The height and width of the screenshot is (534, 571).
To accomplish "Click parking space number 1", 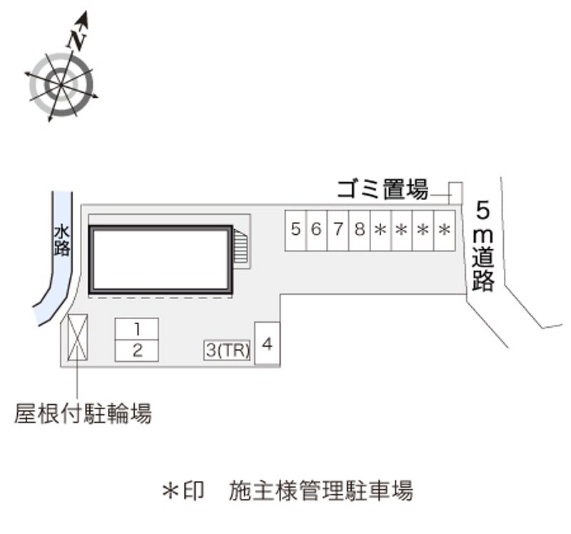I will point(136,329).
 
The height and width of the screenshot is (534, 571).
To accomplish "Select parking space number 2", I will point(136,350).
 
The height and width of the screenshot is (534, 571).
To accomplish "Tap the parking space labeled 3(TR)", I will point(228,350).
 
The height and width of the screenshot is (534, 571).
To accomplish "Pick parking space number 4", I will point(267,344).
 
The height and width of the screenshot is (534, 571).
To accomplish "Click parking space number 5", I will point(295,230).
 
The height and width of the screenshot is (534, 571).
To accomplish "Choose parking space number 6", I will point(316,230).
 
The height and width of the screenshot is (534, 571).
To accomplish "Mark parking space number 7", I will point(338,230).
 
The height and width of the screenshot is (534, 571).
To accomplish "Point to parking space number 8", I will point(359,230).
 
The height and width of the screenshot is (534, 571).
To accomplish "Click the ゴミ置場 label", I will point(383,190).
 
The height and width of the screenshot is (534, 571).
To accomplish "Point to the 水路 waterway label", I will point(61,241).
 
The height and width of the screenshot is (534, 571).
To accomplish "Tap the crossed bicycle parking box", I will point(77,337).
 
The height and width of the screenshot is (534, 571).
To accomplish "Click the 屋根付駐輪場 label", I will point(83,413).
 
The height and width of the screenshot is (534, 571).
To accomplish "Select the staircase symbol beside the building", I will point(241,248).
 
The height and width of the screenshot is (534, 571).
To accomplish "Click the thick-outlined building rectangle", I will point(161,260).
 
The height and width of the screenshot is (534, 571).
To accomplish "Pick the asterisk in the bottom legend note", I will point(171,491).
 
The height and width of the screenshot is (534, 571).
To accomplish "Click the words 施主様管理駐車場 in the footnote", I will point(321,491).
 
